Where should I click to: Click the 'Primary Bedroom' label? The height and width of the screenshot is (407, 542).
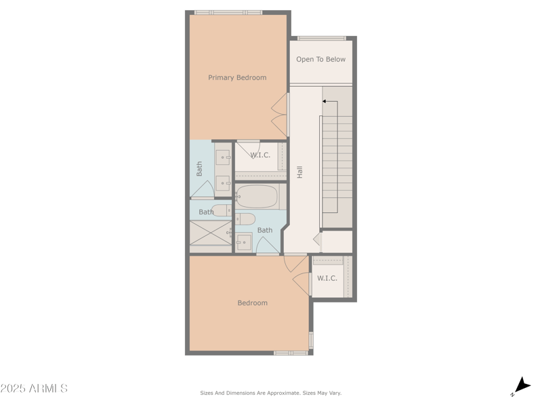pos(237,77)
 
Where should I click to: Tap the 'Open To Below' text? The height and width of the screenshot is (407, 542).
pos(320,59)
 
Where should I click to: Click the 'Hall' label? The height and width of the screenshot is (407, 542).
pos(299,172)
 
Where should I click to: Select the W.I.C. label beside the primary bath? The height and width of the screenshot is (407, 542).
pos(260,155)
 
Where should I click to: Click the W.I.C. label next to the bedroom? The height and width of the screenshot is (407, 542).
pos(327,278)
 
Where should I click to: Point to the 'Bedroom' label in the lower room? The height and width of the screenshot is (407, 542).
pos(252,303)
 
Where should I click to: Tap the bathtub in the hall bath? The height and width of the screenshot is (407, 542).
pos(257,197)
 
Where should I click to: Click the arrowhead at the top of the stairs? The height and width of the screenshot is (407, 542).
pos(325,102)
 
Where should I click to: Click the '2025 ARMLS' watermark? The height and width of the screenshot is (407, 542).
pos(34,389)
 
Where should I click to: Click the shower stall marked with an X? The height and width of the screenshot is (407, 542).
pos(210,233)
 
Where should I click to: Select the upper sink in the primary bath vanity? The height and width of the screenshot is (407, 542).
pos(222,157)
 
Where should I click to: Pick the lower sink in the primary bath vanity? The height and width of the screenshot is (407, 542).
pos(222,183)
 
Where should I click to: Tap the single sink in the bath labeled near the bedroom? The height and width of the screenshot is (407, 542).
pos(243,241)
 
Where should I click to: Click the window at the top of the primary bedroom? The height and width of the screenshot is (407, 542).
pos(228,12)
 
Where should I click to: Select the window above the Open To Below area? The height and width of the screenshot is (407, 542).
pos(321,38)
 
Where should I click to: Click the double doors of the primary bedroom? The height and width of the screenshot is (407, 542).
pos(279,115)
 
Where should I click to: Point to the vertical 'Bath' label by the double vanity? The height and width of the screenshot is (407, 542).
pos(199,168)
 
